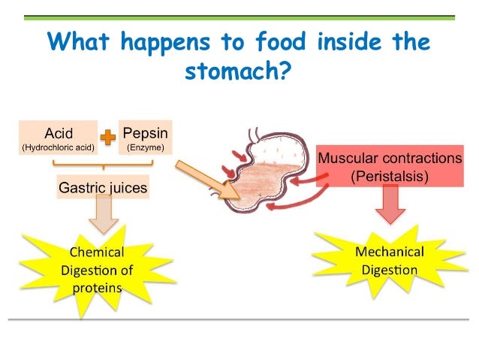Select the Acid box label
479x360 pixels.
59,134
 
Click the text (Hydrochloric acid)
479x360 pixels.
59,147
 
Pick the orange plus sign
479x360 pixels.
109,137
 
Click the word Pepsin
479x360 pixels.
145,133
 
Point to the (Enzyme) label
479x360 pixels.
145,147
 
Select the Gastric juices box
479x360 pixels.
103,186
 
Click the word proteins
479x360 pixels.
98,287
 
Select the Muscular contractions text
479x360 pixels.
390,159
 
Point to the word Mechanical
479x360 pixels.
390,251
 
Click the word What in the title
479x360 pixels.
80,41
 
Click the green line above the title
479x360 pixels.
239,17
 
